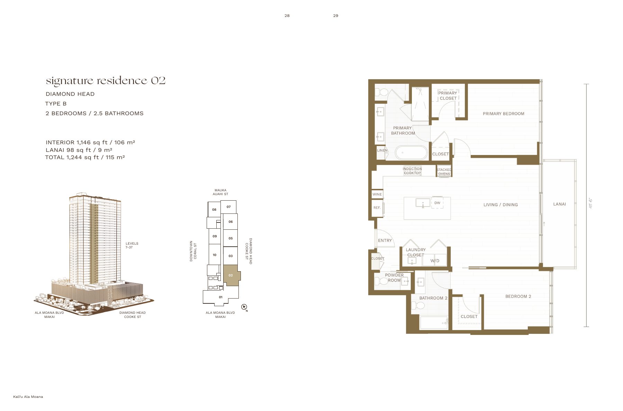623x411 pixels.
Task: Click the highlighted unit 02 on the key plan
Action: pos(231,275)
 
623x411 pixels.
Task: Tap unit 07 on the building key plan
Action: pos(229,207)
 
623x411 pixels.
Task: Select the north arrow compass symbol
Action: pos(244,307)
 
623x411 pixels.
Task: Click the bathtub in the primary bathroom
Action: pos(412,153)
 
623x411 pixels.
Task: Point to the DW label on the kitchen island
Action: pos(437,203)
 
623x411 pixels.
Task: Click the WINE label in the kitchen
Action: pos(377,194)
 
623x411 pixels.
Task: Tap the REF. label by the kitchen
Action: pos(377,208)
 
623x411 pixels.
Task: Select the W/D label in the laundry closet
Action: pos(435,261)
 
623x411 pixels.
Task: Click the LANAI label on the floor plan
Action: pos(559,204)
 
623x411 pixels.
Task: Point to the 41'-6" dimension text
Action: pos(590,203)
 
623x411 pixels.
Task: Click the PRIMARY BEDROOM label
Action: pos(504,113)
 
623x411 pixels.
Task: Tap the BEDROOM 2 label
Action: pos(518,296)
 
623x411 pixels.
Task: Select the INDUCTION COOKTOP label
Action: pos(412,171)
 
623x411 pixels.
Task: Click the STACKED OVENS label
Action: pos(444,172)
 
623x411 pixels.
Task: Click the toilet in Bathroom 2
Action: pos(419,305)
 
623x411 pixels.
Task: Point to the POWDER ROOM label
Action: pos(394,277)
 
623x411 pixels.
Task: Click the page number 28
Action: pos(287,16)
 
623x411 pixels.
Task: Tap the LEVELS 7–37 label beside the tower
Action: pos(132,245)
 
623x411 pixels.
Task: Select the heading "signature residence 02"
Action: pos(106,81)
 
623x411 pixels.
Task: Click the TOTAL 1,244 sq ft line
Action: pos(85,157)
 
